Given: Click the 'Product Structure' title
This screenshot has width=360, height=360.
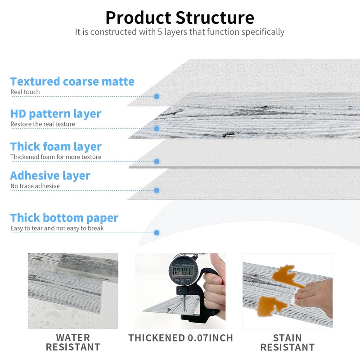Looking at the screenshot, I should point(180,17).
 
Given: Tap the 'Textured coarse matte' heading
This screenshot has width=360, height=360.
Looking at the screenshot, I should point(72,81).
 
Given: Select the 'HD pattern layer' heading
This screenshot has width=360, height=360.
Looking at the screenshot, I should point(56,113).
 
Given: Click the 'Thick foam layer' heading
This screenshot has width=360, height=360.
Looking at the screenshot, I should point(56,146).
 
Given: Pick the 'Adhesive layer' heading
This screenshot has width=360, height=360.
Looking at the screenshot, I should point(50,175).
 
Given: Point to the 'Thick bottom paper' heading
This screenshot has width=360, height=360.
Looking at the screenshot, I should point(64,218).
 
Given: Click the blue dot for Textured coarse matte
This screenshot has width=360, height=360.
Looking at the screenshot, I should point(157,96).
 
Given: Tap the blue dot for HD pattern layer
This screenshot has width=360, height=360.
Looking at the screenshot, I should point(157,129).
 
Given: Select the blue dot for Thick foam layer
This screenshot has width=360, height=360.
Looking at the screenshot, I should point(157,161).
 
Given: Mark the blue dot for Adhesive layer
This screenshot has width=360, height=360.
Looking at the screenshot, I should point(157,190).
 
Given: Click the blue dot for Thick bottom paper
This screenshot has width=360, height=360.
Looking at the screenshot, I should point(157,233).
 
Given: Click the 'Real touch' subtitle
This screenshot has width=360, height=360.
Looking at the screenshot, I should point(25,92).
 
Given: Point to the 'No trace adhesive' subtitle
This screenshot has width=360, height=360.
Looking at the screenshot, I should point(35,186).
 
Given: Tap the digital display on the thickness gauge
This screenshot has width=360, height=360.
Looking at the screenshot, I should point(184,271).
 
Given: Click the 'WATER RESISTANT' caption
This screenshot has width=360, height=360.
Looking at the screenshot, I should point(73,342).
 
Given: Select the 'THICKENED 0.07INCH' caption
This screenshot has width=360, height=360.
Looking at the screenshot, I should point(180,337).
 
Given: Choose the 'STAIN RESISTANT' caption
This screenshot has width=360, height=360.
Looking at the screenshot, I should point(287,342).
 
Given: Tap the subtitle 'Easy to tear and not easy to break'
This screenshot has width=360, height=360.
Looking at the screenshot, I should point(57,228).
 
